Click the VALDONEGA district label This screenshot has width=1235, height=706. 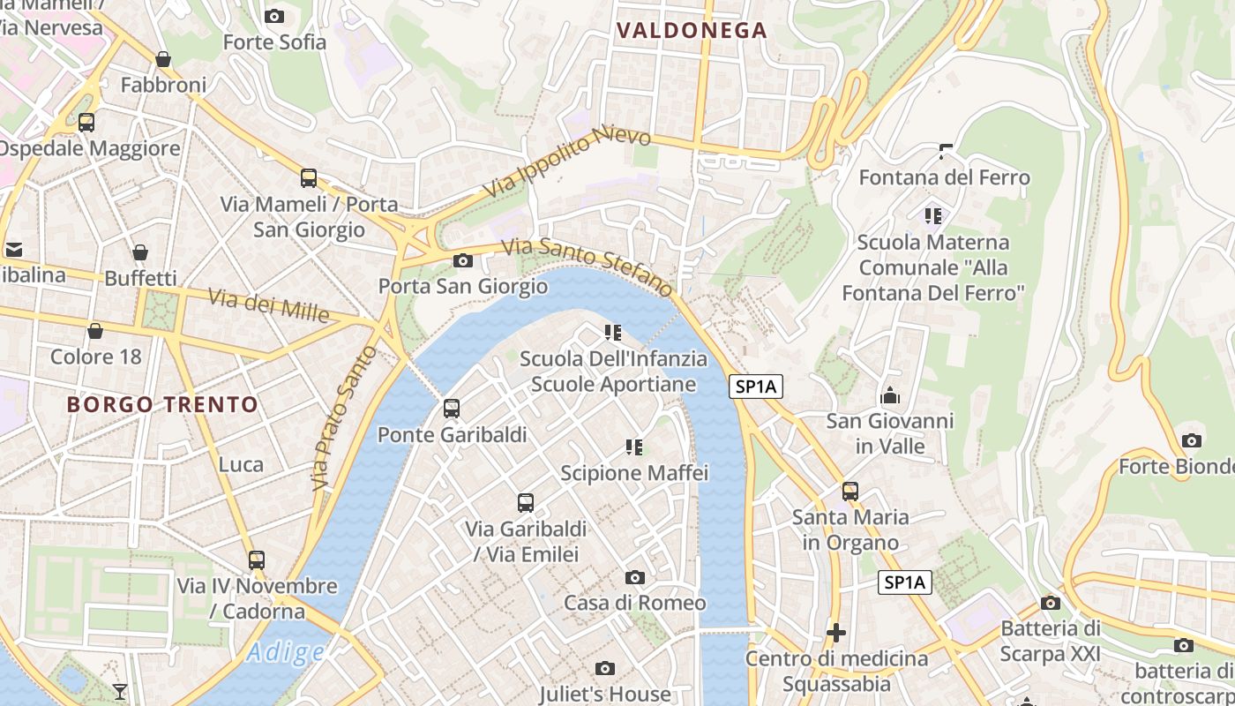(692, 31)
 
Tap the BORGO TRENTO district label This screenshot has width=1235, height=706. (163, 405)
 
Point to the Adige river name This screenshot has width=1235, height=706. (285, 653)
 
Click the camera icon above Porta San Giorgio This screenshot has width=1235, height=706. (462, 260)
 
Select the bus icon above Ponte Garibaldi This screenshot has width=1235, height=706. (452, 409)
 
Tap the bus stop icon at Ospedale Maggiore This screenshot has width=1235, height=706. (86, 123)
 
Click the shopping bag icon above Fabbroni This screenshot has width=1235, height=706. (163, 59)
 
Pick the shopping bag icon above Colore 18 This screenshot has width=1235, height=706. (95, 331)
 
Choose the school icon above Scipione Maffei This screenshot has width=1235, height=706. (634, 447)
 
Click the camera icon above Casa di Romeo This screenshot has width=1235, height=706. (634, 577)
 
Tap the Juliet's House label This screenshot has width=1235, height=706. (605, 694)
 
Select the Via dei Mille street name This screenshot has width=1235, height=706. (268, 305)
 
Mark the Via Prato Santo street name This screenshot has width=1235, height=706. (343, 419)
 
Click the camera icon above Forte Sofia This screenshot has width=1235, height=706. (274, 16)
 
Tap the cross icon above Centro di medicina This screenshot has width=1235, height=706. (836, 633)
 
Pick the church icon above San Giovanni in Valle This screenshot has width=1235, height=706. (889, 395)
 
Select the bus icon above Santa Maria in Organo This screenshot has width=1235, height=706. (850, 492)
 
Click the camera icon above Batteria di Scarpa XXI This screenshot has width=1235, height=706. (1050, 603)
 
